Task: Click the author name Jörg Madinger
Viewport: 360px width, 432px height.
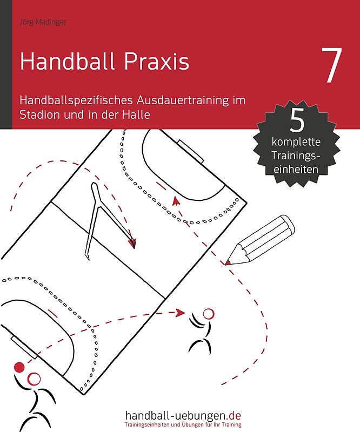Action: (39, 22)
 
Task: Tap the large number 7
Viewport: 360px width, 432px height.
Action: (331, 66)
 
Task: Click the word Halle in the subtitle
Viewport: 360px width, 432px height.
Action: (135, 114)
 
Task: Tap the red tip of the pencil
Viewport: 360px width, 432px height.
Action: (228, 262)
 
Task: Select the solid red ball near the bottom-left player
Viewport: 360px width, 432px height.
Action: (19, 368)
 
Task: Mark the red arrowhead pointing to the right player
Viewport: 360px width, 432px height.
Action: (181, 312)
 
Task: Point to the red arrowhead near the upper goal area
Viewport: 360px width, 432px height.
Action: (175, 199)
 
